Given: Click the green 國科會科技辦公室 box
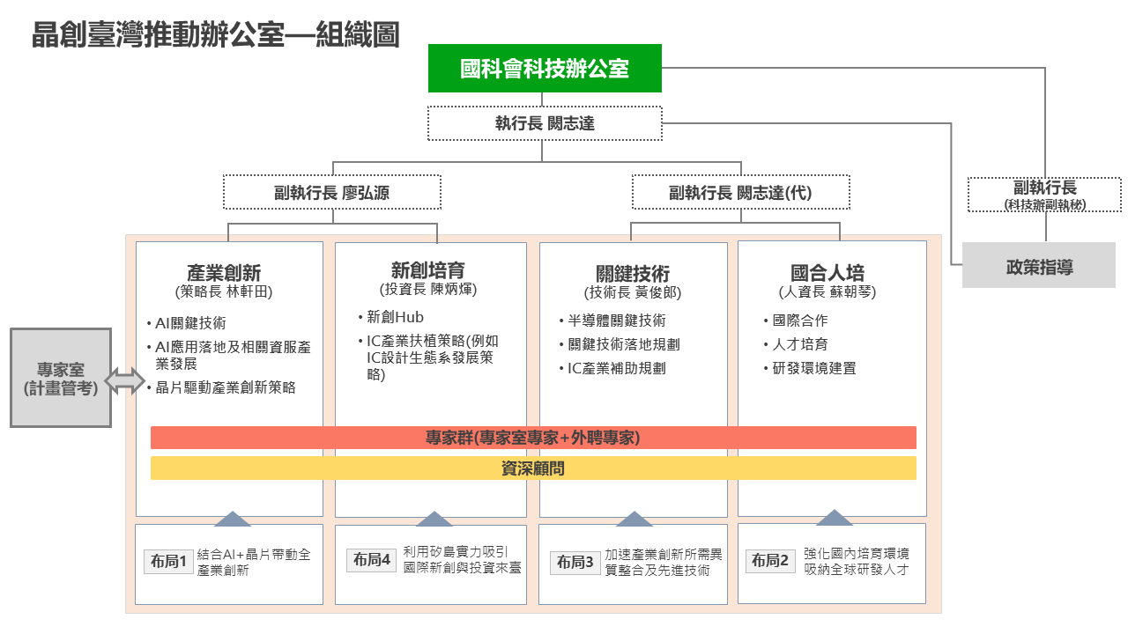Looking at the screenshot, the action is tap(545, 69).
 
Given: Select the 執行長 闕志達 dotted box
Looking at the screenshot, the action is tap(545, 123).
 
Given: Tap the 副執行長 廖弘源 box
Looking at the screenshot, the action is tap(332, 192).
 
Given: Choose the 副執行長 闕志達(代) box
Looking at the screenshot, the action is tap(741, 192).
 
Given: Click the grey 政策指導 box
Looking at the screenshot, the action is tap(1039, 265).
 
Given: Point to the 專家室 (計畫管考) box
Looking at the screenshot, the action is tap(61, 378).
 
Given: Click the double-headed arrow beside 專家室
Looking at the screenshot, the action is tap(125, 380).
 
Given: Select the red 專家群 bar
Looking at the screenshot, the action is tap(533, 438).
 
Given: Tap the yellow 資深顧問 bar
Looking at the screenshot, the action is tap(533, 468).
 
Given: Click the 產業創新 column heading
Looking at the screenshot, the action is tap(224, 273).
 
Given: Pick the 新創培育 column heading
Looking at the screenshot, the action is tap(428, 270).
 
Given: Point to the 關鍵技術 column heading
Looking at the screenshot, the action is tap(633, 274).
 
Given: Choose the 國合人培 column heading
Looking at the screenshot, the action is tap(827, 273).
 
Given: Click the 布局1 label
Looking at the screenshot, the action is tap(168, 561).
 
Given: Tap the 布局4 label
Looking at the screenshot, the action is tap(372, 560).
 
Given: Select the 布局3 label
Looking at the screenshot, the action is tap(575, 562).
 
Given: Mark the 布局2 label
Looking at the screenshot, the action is tap(770, 561).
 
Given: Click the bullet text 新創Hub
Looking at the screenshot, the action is tap(396, 317).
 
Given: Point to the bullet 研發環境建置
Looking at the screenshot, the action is tap(814, 368).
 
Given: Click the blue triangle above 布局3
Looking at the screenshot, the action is tap(634, 520).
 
